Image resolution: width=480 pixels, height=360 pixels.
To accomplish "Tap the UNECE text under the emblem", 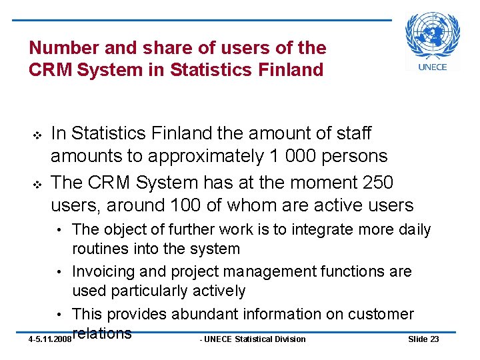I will tap(433, 67).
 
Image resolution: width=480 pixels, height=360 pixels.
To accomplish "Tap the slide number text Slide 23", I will tap(423, 339).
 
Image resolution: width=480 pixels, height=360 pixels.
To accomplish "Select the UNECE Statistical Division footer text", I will tap(253, 339).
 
